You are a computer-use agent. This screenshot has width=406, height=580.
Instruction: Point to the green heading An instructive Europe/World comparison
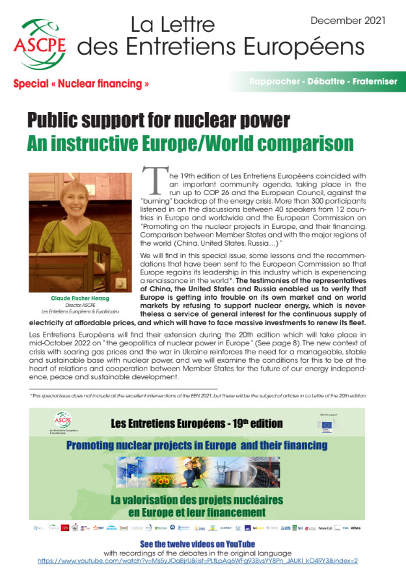click(x=190, y=143)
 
